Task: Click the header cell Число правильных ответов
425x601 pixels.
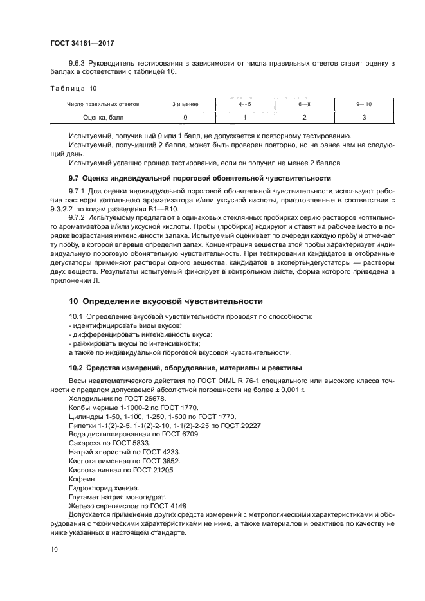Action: [103, 104]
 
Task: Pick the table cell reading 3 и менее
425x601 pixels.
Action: [185, 104]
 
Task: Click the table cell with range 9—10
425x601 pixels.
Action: [363, 104]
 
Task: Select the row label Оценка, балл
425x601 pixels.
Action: [103, 118]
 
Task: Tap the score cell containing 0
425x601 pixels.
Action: [185, 118]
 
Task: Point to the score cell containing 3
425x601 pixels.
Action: [363, 118]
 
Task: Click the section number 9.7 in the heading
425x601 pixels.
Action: [75, 177]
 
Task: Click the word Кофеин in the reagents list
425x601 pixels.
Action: [81, 480]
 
